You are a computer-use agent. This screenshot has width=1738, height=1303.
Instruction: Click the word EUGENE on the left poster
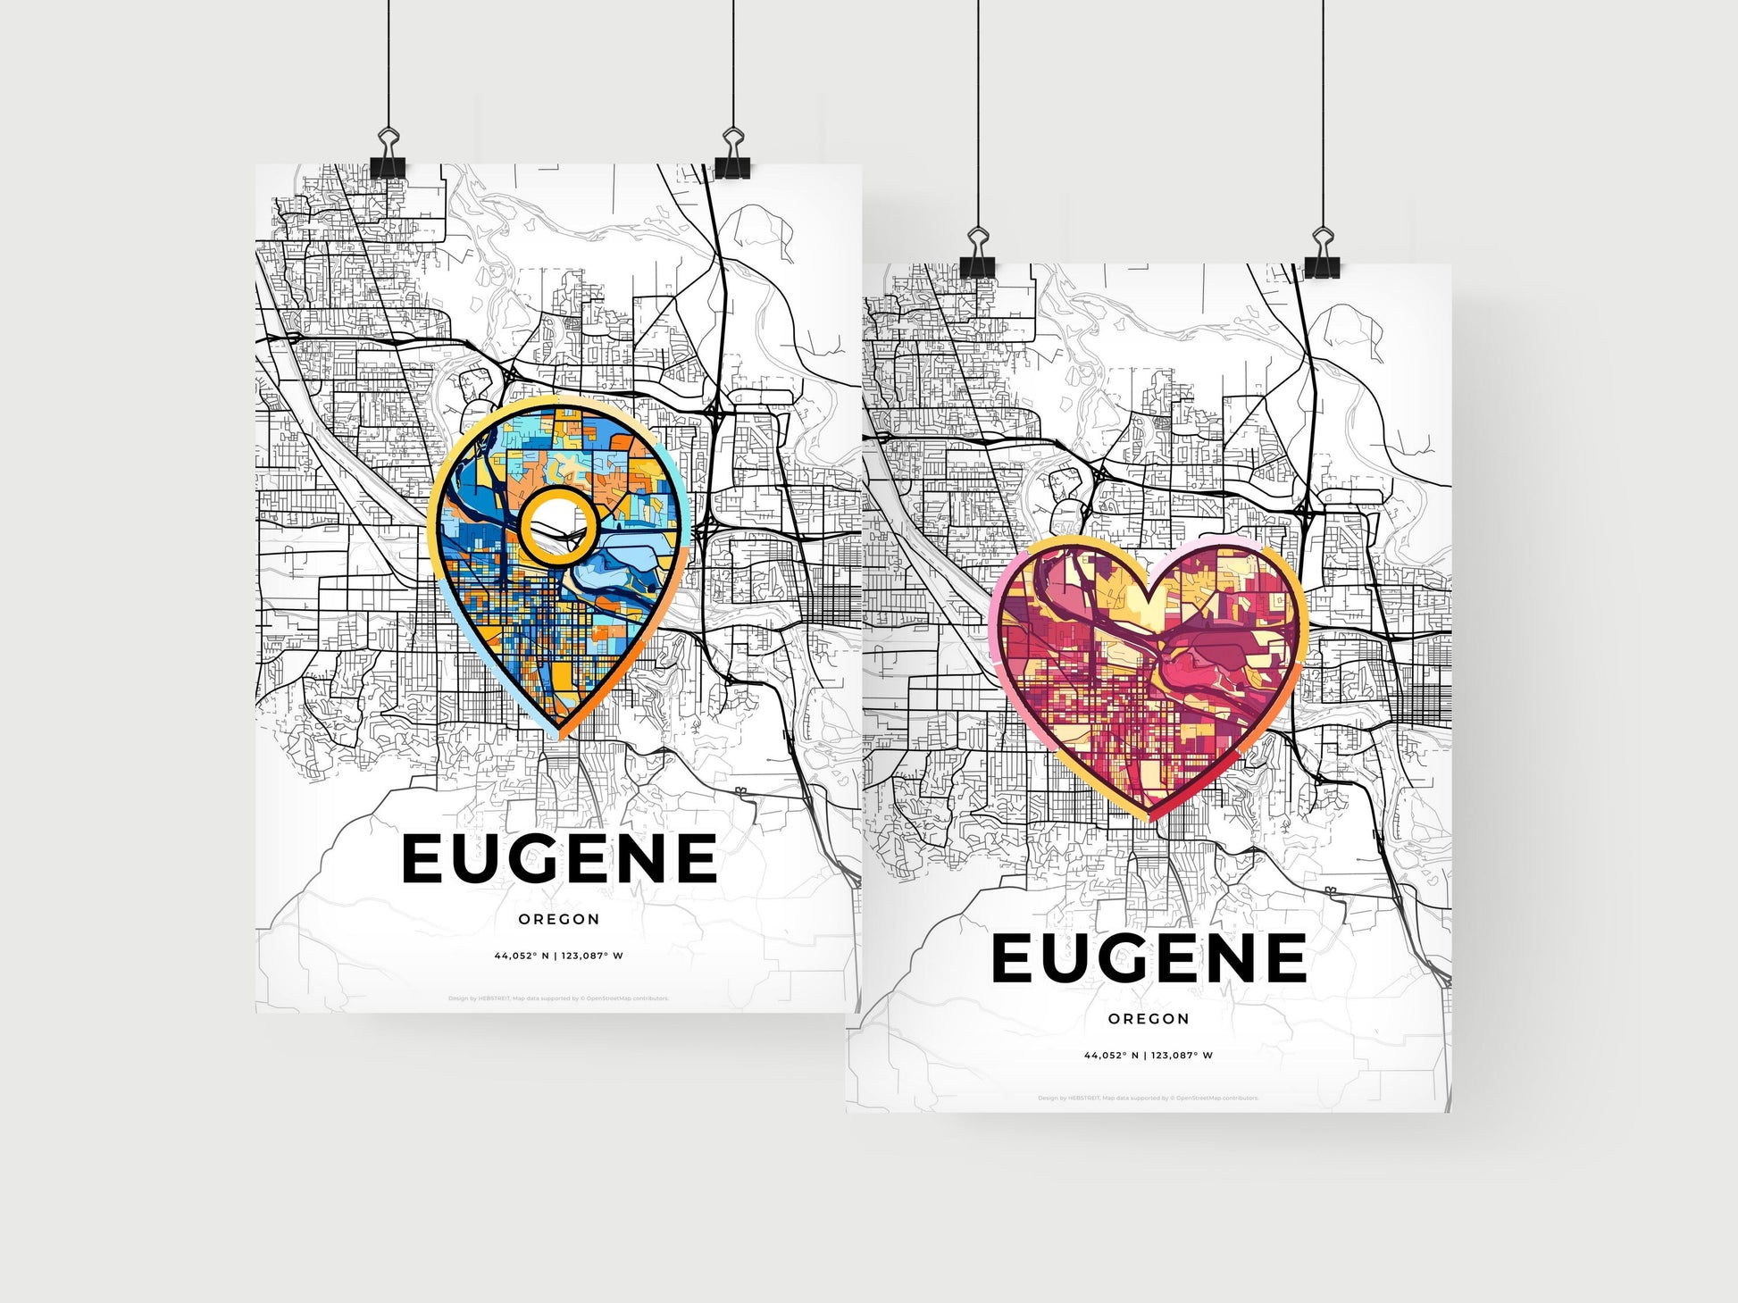pyautogui.click(x=559, y=858)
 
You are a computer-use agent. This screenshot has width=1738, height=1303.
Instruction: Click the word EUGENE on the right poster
pyautogui.click(x=1149, y=957)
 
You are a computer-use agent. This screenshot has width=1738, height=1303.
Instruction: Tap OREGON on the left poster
pyautogui.click(x=559, y=919)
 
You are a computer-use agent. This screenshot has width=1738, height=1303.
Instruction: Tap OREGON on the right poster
pyautogui.click(x=1149, y=1018)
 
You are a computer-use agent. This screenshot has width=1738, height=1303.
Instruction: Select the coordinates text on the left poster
pyautogui.click(x=559, y=956)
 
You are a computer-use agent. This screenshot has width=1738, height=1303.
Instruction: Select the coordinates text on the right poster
pyautogui.click(x=1149, y=1055)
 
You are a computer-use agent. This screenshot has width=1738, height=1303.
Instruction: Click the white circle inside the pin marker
pyautogui.click(x=556, y=527)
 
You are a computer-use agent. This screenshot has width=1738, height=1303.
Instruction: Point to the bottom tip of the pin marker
pyautogui.click(x=561, y=736)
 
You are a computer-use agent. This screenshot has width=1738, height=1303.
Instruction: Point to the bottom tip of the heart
pyautogui.click(x=1150, y=817)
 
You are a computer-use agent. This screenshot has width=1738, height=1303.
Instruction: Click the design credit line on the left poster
pyautogui.click(x=559, y=998)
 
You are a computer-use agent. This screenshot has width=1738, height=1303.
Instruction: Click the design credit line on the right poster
pyautogui.click(x=1149, y=1098)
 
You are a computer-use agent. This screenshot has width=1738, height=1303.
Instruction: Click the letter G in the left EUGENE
pyautogui.click(x=558, y=858)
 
